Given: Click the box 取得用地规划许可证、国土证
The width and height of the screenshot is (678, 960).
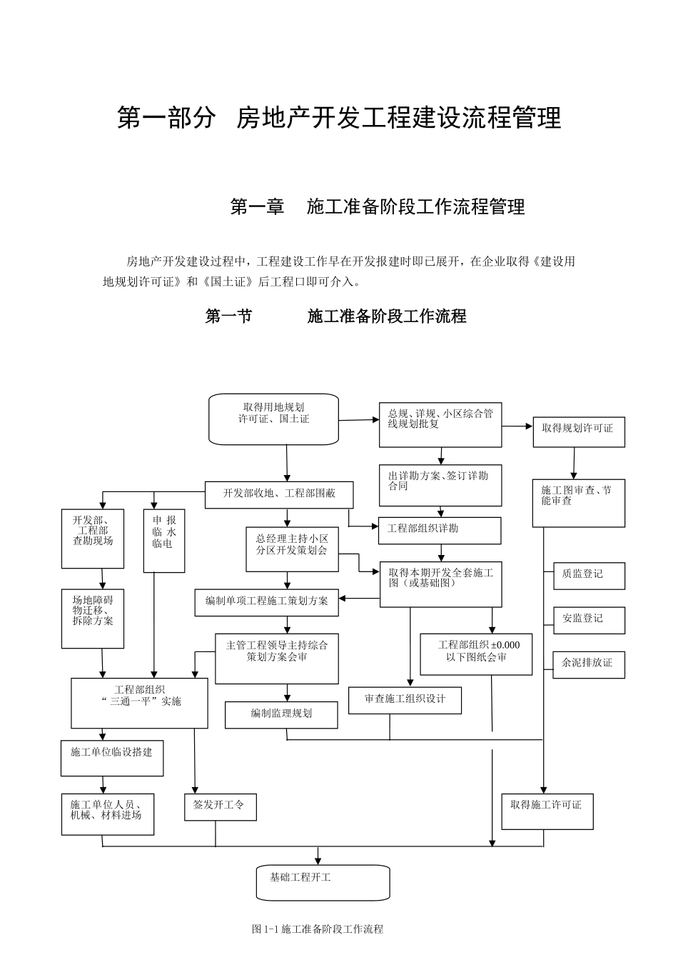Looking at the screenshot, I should pos(273,419).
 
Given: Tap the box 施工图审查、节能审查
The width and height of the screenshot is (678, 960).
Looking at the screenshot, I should pos(578,503).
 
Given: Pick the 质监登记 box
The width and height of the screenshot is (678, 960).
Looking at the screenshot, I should pos(589,576).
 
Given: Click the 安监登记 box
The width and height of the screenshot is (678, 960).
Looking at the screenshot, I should pos(589,620).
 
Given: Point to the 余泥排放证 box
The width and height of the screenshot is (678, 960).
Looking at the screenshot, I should pos(589,664).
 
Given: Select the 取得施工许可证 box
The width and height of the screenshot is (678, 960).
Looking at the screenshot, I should pos(547,811).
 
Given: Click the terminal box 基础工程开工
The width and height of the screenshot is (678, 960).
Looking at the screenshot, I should pos(323,882).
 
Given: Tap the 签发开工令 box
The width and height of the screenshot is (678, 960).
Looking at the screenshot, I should pos(220,806).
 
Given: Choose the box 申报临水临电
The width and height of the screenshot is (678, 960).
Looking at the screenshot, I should pos(164,541).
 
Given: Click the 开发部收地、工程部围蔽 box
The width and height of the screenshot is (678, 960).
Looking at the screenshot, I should pos(279,494).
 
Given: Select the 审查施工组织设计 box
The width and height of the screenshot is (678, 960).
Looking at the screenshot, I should pos(405,700).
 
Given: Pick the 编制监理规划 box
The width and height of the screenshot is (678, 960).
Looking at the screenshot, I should pos(281,714).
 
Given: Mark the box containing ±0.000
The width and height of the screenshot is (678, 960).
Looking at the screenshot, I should pos(476,654).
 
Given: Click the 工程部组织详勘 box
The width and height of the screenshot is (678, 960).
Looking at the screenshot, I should pos(440,530).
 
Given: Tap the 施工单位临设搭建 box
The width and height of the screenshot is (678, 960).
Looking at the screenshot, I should pos(112,757).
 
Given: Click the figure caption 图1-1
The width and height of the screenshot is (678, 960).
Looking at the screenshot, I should pos(318,929).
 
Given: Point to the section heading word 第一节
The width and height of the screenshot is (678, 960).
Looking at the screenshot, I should pos(228,316).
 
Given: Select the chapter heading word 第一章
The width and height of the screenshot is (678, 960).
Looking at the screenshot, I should pos(257,207).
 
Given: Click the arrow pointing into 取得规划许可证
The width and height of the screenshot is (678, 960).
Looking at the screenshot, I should pos(527,426).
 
